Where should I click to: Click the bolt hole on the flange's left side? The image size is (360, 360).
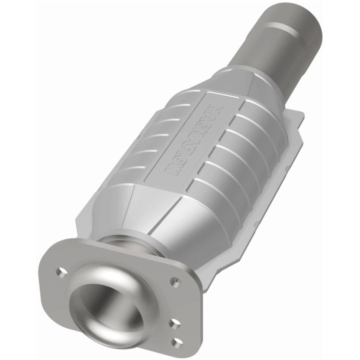click(62, 272)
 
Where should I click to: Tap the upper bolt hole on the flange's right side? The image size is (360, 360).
click(174, 282)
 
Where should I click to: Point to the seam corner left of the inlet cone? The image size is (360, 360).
click(82, 220)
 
